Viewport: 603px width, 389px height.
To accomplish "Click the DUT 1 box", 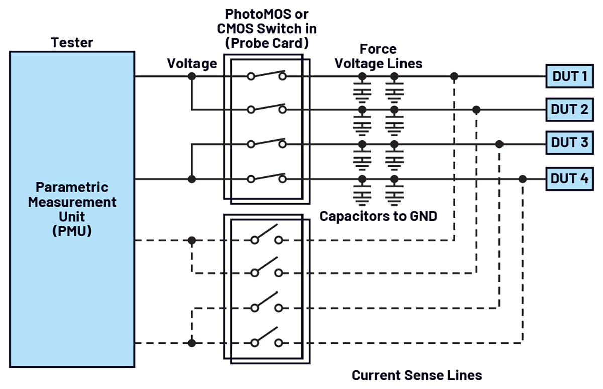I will [x=569, y=76].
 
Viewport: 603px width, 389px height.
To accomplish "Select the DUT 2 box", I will [x=569, y=110].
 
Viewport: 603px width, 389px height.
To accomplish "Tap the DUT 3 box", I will [x=569, y=142].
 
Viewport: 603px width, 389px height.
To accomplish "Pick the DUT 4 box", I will [x=569, y=178].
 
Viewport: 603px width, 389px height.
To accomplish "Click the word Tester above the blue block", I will [x=72, y=43].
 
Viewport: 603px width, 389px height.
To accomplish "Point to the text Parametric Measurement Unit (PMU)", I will [x=72, y=210].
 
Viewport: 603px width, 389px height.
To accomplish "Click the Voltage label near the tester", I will [x=192, y=64].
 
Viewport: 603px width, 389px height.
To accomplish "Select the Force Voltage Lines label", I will [x=378, y=56].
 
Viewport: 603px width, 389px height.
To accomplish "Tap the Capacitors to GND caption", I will [x=378, y=216].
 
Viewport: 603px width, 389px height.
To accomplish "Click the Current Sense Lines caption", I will [x=417, y=375].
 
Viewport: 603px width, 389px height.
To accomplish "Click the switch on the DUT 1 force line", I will [x=267, y=75].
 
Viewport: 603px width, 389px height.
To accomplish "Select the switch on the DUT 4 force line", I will [x=267, y=178].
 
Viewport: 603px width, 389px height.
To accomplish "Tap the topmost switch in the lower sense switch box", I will [x=267, y=236].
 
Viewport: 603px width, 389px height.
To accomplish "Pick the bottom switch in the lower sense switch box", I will [x=267, y=338].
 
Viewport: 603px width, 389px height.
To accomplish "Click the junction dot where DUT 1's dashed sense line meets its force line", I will [x=454, y=76].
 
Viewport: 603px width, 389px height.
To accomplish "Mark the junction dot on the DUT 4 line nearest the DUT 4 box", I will [x=523, y=179].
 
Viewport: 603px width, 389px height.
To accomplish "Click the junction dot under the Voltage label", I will [x=191, y=76].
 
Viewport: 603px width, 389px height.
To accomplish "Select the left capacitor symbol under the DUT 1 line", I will [x=361, y=91].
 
